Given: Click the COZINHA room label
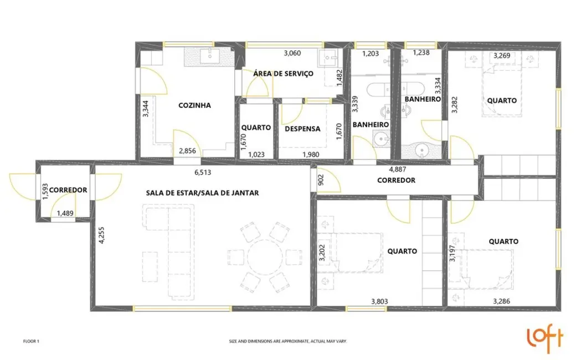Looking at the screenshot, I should [x=194, y=105].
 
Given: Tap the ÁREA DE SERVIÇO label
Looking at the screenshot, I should [x=283, y=74].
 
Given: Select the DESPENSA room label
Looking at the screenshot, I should [x=302, y=128].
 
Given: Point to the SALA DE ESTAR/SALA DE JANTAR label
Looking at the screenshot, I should [x=203, y=193].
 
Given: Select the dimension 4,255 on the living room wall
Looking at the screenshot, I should [x=101, y=235].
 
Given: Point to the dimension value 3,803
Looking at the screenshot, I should [x=379, y=302].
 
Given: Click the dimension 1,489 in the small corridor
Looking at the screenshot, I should [x=65, y=213].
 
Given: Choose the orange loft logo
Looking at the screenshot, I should [x=543, y=339].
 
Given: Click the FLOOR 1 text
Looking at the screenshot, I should [x=31, y=342].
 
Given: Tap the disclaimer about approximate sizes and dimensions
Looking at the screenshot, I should [x=288, y=342].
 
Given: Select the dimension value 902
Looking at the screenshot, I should [x=320, y=178].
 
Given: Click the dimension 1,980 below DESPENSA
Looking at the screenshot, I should [x=310, y=154].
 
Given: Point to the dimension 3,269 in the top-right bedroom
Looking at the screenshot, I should [x=502, y=55].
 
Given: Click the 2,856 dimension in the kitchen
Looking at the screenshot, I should [x=187, y=151].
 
